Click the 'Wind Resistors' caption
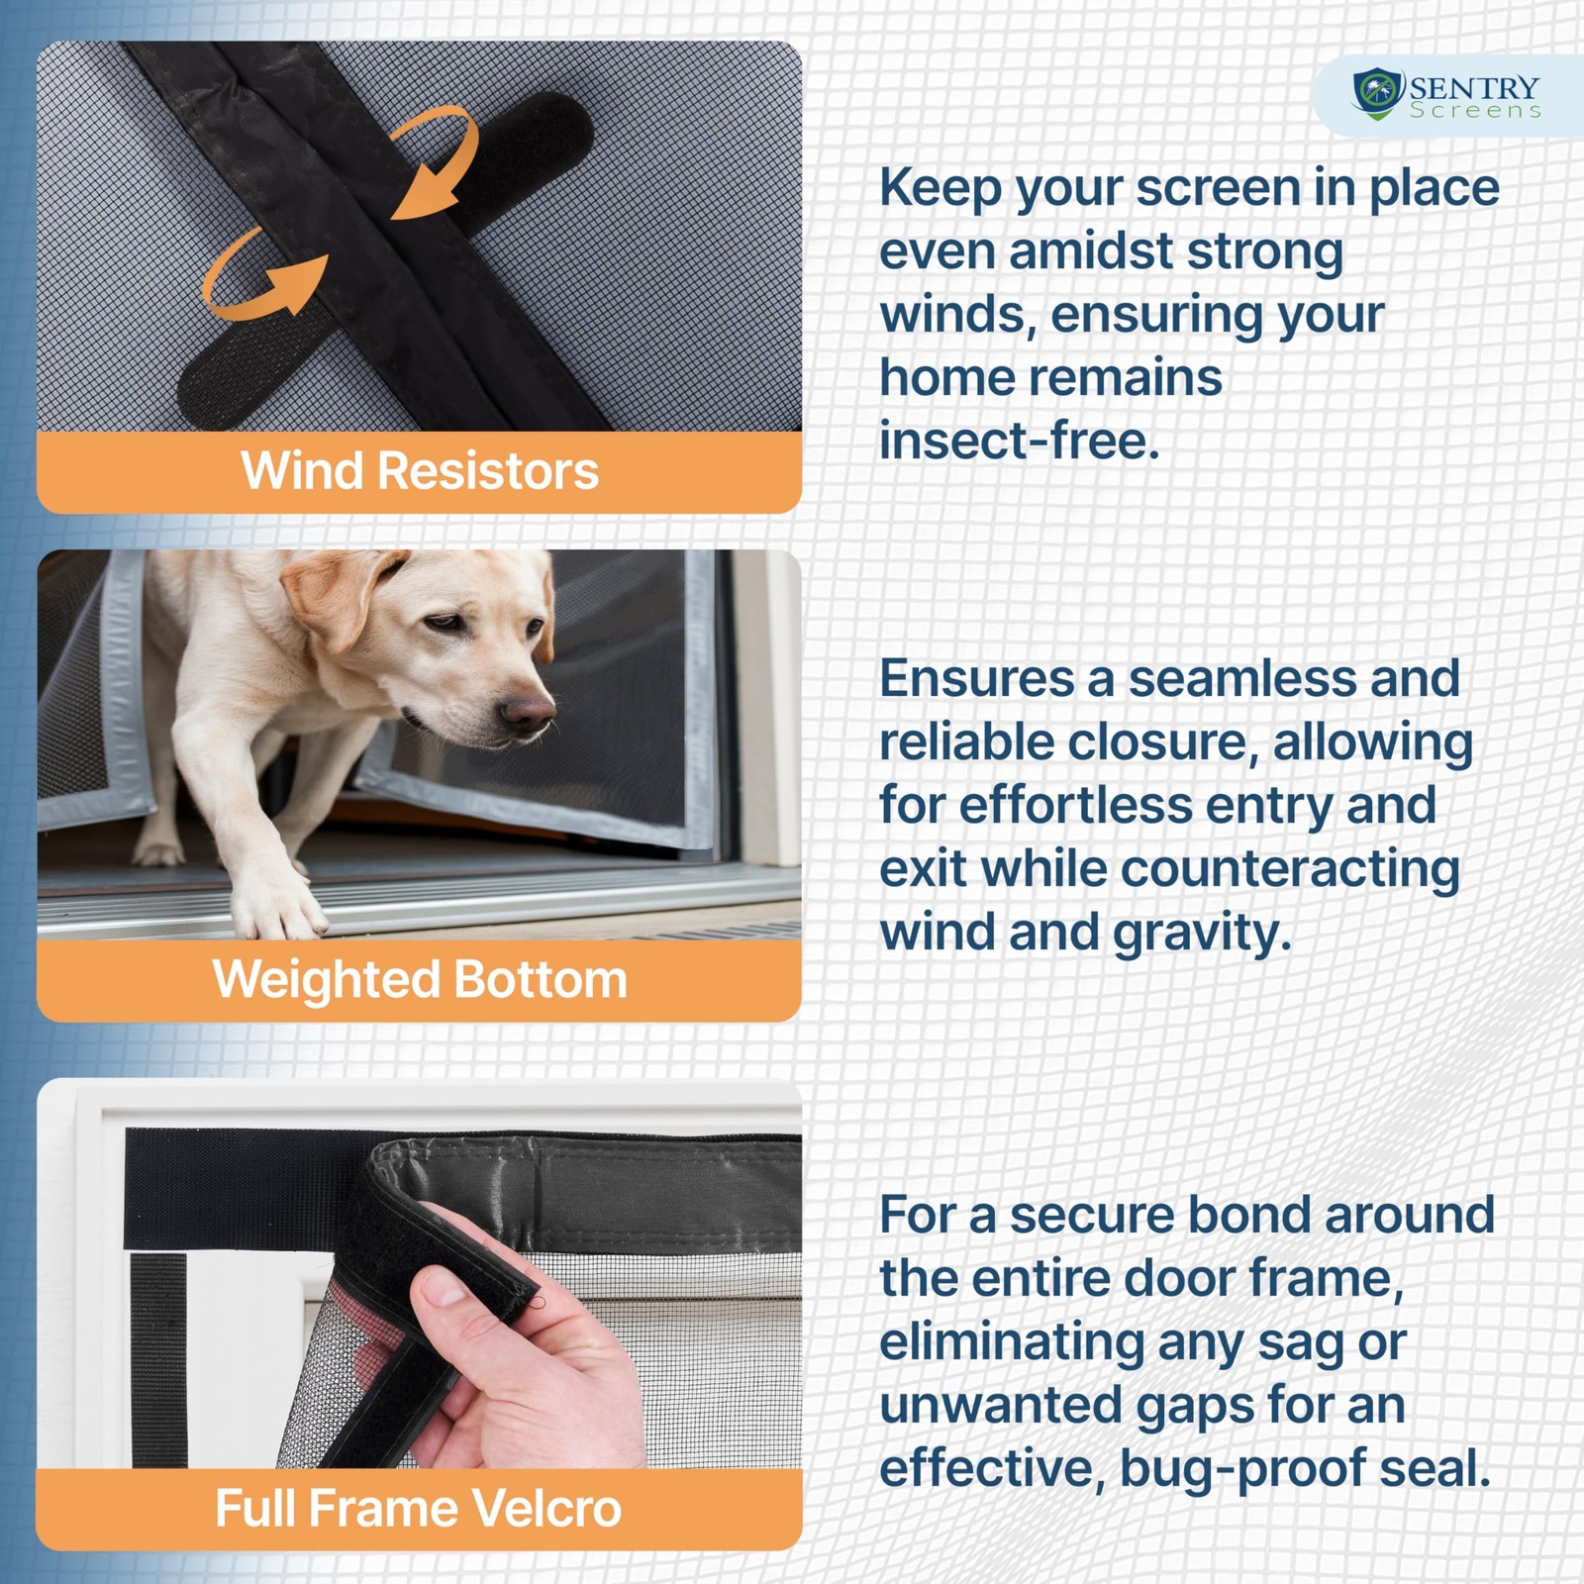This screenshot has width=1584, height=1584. (x=420, y=470)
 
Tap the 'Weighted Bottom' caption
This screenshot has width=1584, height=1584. (x=420, y=979)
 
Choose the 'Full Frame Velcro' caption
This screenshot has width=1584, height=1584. (x=419, y=1508)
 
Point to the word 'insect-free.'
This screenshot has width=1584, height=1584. (x=1019, y=441)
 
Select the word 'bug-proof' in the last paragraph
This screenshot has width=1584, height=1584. (x=1242, y=1468)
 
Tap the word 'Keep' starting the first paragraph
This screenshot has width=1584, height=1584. (x=940, y=188)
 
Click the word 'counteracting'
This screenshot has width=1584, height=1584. (x=1291, y=869)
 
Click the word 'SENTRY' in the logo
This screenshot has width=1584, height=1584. (x=1475, y=88)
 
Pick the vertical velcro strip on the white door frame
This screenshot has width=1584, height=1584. (x=158, y=1360)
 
